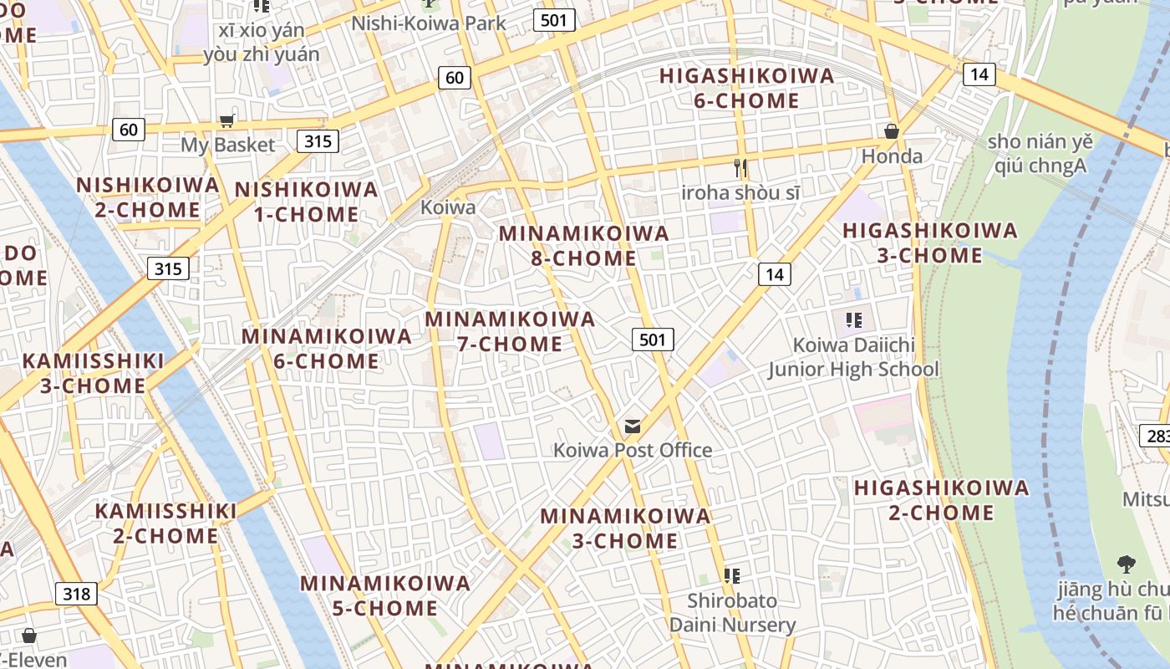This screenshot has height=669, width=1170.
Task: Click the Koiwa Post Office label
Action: [x=633, y=450]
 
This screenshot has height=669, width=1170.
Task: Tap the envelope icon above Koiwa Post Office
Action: [x=633, y=427]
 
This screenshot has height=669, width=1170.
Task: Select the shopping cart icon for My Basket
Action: [x=226, y=121]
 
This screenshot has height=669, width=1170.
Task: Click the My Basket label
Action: [x=228, y=145]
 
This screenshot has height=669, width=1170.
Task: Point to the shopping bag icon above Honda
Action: [x=892, y=131]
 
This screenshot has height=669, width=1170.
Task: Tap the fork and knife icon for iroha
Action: [x=740, y=168]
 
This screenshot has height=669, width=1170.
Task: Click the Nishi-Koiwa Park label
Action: [x=429, y=23]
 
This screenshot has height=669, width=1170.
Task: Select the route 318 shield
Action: [x=77, y=594]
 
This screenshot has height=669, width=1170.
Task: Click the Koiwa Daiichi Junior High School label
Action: [x=853, y=357]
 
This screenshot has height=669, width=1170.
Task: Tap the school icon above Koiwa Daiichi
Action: [x=853, y=319]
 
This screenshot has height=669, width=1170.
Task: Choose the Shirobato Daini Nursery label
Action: [x=732, y=612]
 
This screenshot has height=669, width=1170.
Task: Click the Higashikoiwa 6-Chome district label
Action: [x=746, y=88]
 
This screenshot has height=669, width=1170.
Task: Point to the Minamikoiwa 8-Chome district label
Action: [x=584, y=245]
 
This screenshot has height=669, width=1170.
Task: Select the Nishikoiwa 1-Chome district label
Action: [x=306, y=202]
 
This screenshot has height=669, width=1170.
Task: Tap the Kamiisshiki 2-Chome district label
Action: [x=165, y=523]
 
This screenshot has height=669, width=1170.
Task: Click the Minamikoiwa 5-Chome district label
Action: [x=385, y=595]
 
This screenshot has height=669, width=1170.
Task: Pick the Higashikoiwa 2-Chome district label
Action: [x=941, y=499]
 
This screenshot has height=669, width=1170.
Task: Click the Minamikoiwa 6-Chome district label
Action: [x=327, y=349]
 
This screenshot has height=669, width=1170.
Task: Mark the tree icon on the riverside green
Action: [x=1126, y=564]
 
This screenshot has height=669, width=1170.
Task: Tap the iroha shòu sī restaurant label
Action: [x=740, y=192]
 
